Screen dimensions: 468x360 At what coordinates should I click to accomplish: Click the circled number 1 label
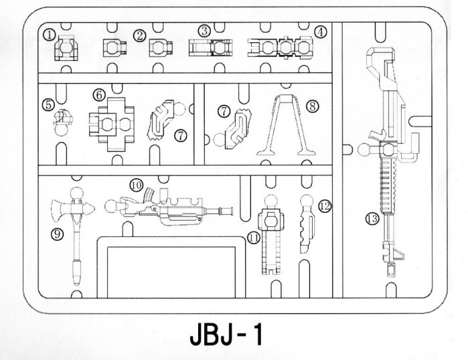point(50,35)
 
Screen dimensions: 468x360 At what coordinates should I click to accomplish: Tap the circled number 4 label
point(321,32)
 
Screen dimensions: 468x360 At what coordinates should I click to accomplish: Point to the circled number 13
point(372,219)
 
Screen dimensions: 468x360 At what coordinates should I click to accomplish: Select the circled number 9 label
point(57,234)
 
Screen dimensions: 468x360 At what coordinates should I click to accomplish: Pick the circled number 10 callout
point(137,185)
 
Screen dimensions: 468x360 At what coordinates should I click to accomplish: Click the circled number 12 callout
point(325,206)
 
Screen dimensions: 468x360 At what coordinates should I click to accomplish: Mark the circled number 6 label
point(99,95)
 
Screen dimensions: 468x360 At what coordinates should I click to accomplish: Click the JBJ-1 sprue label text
point(226,335)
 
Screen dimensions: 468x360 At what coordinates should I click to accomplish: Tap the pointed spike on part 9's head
point(88,209)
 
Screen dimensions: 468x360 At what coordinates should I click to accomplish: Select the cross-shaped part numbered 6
point(112,124)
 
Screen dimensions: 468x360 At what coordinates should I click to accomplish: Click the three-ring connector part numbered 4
point(280,48)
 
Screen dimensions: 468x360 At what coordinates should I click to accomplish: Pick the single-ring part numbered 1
point(66,48)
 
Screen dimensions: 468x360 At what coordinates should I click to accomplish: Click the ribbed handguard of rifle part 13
point(388,185)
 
